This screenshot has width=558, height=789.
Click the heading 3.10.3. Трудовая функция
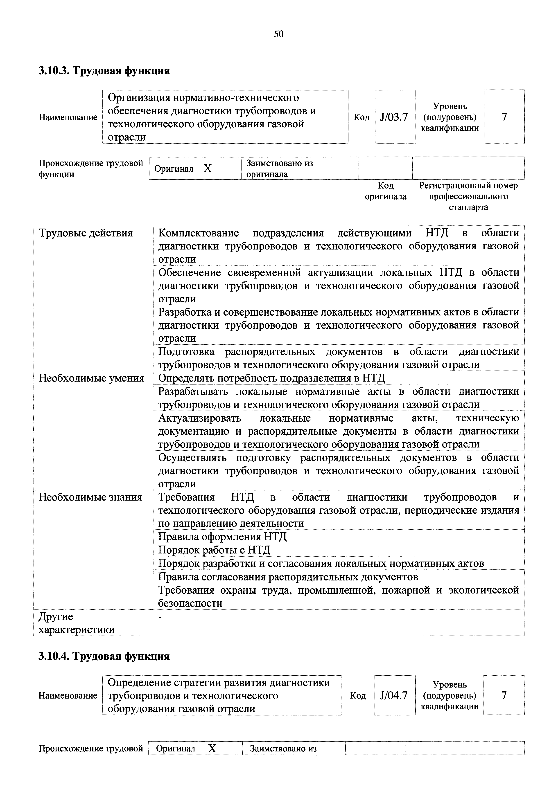(x=104, y=71)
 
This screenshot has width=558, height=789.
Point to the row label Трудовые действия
(x=86, y=233)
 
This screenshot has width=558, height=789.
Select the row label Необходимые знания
(x=90, y=497)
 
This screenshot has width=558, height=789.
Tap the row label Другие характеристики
(x=76, y=623)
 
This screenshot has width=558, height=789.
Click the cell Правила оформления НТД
(x=222, y=537)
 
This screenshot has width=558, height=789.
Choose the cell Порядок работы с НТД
(x=214, y=550)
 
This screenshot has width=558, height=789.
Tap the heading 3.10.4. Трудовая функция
(x=104, y=656)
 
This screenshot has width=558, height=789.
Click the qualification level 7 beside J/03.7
(x=504, y=117)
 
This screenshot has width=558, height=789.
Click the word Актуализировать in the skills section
(x=199, y=418)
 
